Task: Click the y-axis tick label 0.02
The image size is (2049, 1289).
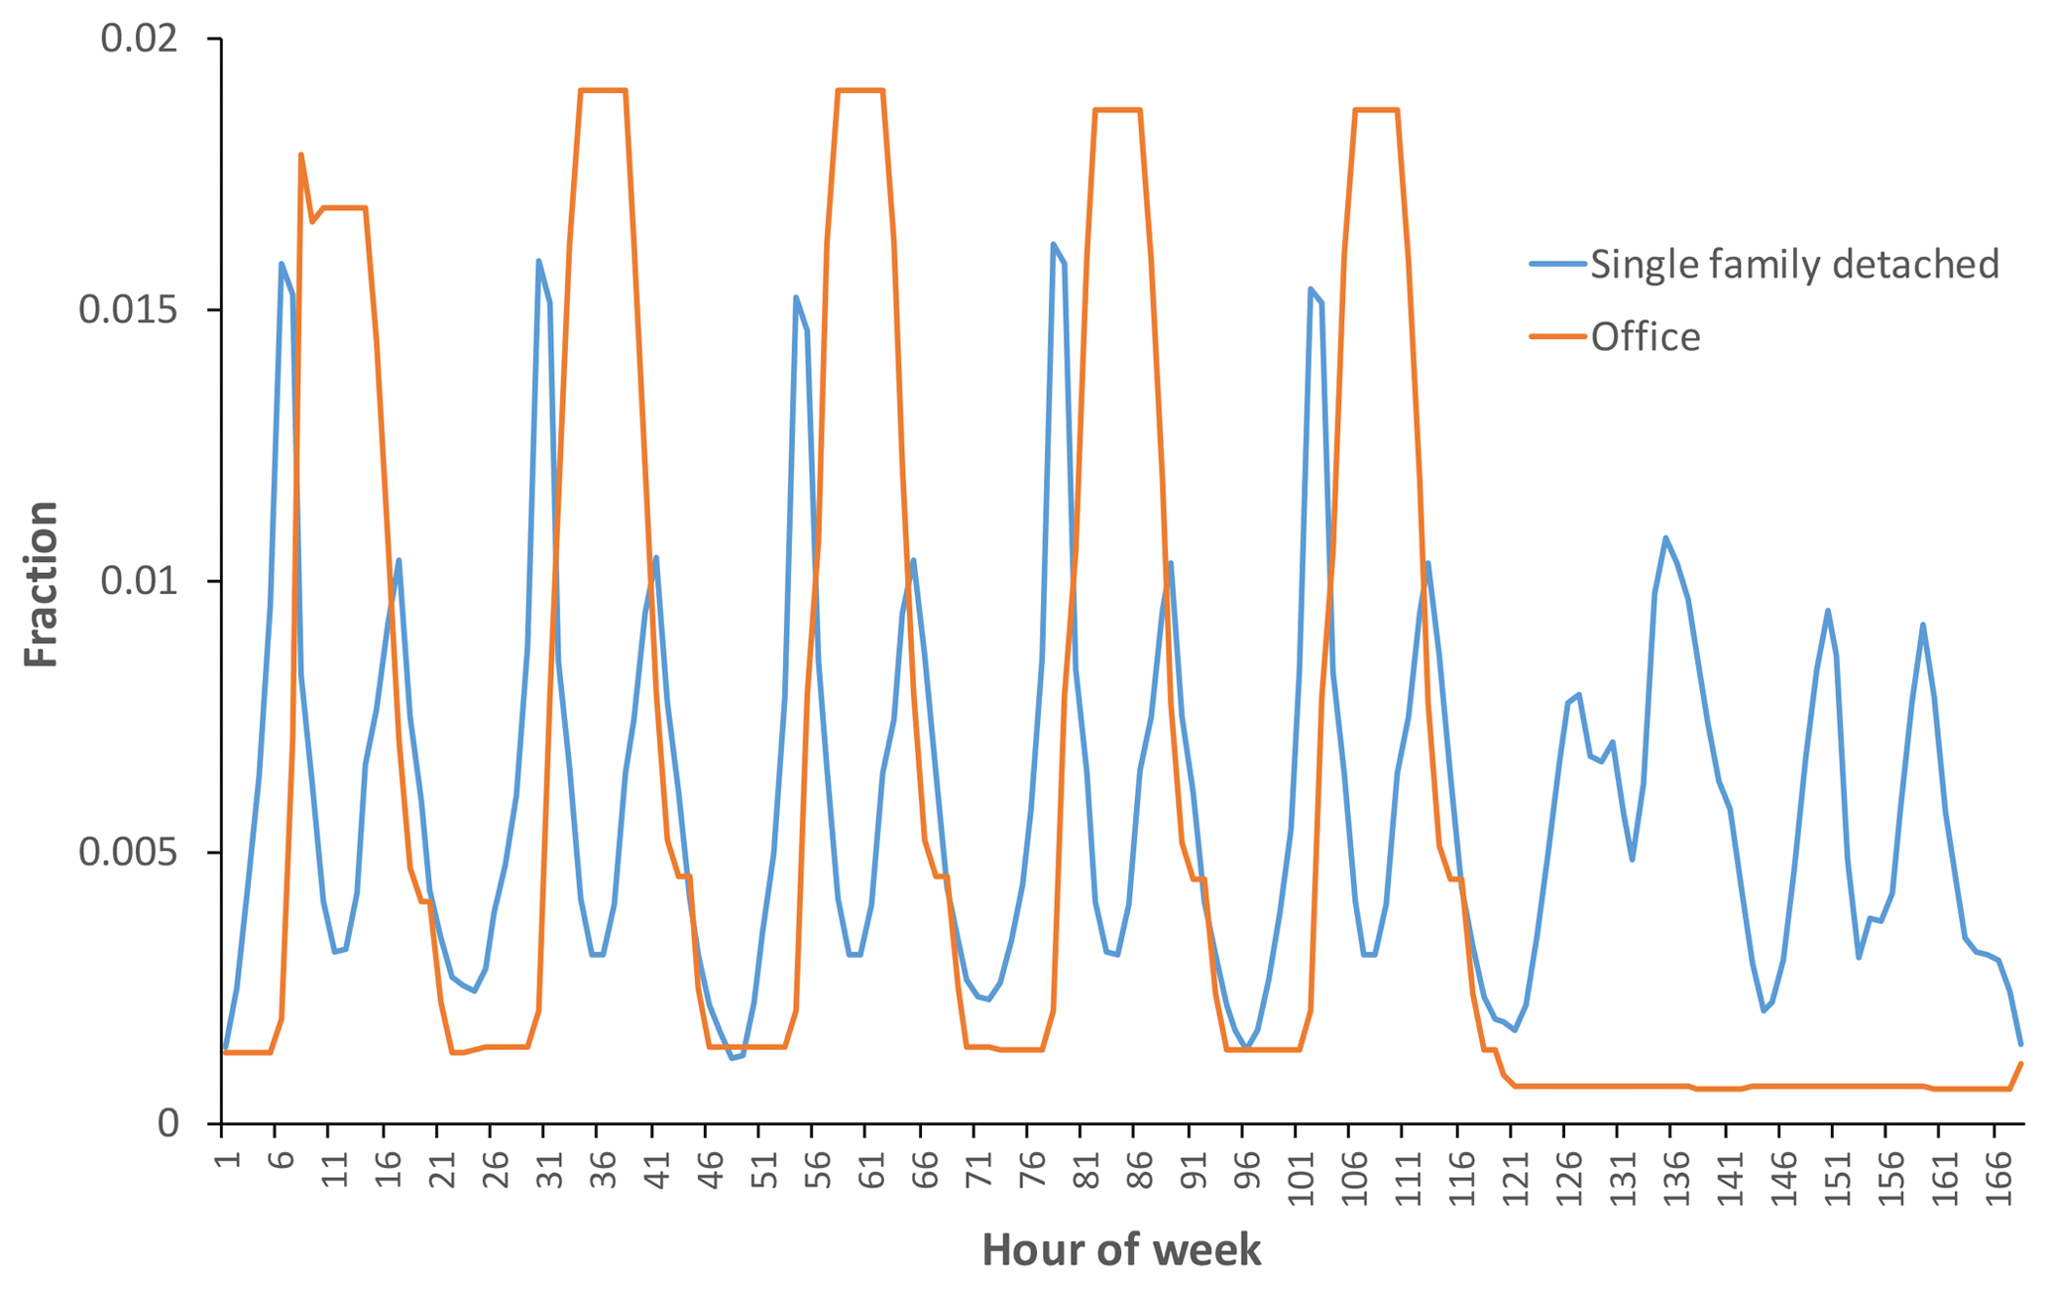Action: coord(138,40)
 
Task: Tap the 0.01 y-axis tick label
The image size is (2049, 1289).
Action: coord(138,581)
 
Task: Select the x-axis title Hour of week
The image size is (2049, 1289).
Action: coord(1121,1250)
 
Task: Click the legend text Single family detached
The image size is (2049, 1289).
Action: coord(1794,264)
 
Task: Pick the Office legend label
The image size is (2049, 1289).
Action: coord(1646,337)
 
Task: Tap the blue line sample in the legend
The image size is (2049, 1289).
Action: coord(1557,264)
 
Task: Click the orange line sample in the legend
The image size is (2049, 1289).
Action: coord(1557,337)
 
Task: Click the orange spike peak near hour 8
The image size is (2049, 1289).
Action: coord(300,155)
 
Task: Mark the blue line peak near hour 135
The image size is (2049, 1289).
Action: coord(1665,537)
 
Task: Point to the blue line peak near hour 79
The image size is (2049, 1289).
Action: coord(1053,244)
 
